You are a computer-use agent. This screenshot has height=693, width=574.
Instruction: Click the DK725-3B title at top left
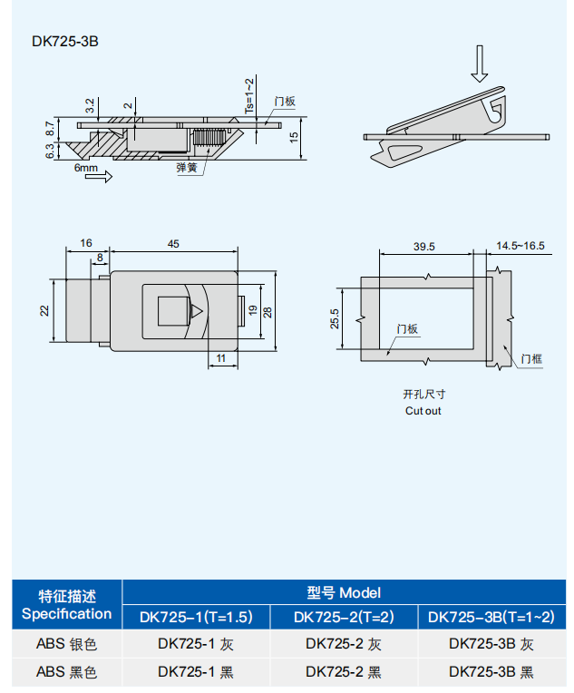click(65, 42)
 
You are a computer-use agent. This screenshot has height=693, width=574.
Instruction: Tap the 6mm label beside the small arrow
click(86, 168)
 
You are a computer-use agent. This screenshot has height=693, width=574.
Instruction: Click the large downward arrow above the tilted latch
click(480, 63)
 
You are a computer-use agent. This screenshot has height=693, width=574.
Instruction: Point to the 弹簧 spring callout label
click(187, 168)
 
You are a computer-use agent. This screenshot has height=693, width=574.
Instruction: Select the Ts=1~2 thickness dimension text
click(249, 96)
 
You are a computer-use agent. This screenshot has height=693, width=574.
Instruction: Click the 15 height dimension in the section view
click(294, 138)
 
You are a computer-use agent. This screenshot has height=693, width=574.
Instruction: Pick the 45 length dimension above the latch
click(173, 244)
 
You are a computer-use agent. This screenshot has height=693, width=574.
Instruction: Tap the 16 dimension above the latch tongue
click(86, 243)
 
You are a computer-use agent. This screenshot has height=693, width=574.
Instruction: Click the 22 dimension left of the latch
click(44, 311)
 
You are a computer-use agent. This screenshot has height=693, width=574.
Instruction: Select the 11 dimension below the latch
click(221, 358)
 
